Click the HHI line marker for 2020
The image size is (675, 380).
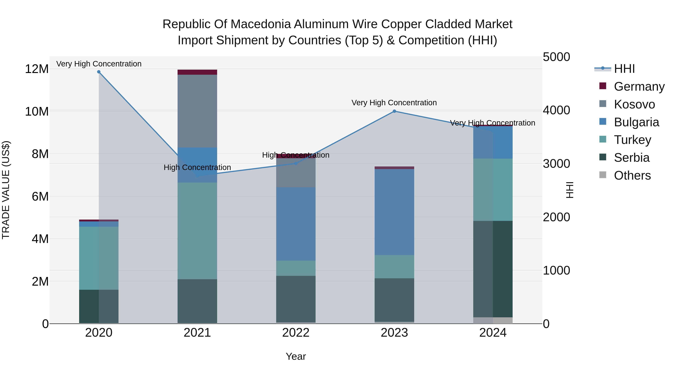[99, 72]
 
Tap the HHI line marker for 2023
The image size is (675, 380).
[394, 111]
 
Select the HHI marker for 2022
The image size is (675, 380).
[296, 163]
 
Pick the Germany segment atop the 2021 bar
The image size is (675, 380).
[197, 72]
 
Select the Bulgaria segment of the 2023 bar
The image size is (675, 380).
[394, 212]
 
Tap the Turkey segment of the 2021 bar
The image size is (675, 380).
[197, 231]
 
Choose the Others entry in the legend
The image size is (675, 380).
[632, 175]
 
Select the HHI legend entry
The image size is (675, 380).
[624, 69]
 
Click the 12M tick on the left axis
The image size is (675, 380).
[37, 69]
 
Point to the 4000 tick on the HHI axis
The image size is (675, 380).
[556, 110]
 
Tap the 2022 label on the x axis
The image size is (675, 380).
[296, 333]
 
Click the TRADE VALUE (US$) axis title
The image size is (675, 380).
[6, 190]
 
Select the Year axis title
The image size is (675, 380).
[296, 356]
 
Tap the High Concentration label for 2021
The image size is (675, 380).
[197, 167]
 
